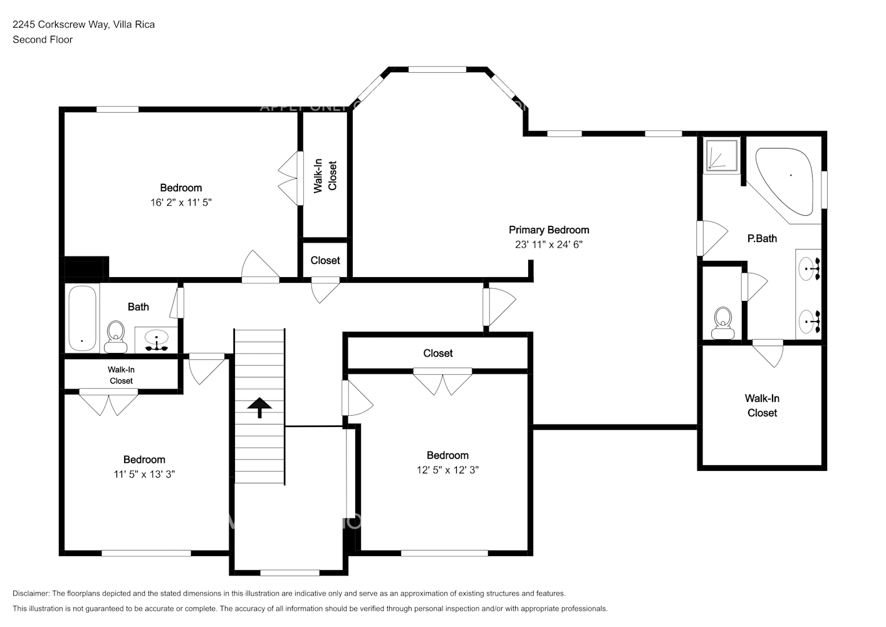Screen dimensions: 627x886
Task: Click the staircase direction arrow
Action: point(259,408)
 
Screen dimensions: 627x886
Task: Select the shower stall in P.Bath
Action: point(722,155)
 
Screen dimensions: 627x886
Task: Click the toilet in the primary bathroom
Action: point(723,323)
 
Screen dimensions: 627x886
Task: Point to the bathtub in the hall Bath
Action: point(82,319)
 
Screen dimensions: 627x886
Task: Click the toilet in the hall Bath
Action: point(116,336)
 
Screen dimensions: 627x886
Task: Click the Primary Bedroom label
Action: point(548,230)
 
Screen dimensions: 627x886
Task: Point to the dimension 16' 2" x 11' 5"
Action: point(181,203)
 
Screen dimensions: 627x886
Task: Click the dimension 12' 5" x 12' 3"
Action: point(447,470)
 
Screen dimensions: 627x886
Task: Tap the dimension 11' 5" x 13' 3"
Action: point(144,475)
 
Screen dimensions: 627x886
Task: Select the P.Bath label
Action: point(762,238)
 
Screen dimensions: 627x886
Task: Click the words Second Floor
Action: point(43,40)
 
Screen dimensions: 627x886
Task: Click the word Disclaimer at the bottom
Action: point(31,593)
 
